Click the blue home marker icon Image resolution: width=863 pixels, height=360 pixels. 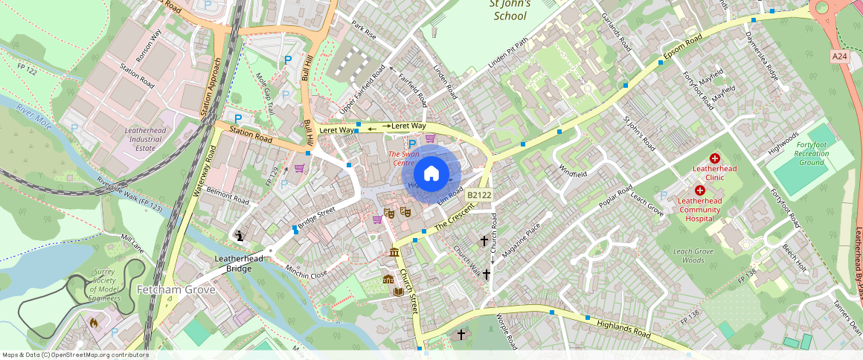pos(431,174)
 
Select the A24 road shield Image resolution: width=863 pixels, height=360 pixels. pos(839,57)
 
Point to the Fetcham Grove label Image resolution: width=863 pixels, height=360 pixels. pos(176,289)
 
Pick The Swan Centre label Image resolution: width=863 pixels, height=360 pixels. pos(403,158)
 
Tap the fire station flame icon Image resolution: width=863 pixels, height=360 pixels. pos(93,323)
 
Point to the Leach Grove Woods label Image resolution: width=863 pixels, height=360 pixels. pos(693,256)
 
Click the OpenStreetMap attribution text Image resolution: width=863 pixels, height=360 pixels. pos(75,355)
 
